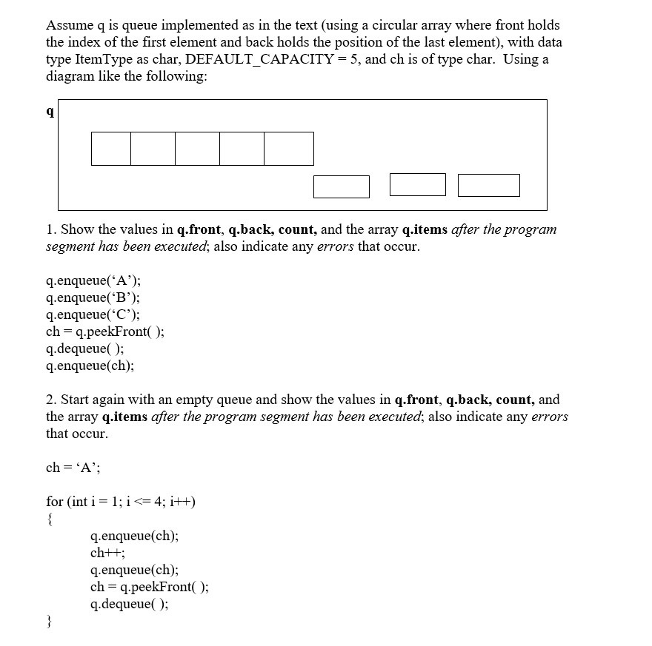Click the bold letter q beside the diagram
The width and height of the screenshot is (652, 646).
(x=50, y=112)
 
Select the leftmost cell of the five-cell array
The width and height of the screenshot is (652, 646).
(x=111, y=148)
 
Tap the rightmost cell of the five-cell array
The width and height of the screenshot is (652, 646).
(x=289, y=148)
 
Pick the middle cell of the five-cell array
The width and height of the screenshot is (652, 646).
(x=198, y=148)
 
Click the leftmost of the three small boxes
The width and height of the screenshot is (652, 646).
(x=341, y=186)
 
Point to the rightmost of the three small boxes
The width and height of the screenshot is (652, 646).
(x=488, y=185)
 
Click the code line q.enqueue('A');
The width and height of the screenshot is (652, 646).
(x=93, y=280)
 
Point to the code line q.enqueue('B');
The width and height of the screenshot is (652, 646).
(x=93, y=297)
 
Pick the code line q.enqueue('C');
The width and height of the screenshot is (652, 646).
(x=93, y=314)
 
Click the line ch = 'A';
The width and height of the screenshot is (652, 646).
(x=73, y=467)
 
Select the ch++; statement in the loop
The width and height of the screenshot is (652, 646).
(x=107, y=553)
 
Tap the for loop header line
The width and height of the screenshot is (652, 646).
(x=121, y=502)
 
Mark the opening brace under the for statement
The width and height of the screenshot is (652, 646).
(x=49, y=519)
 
